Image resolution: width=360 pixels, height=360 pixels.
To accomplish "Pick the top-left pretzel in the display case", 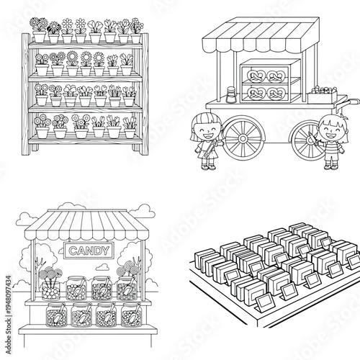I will click(256, 74).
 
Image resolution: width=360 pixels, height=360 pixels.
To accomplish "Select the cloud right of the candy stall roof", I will click(144, 210).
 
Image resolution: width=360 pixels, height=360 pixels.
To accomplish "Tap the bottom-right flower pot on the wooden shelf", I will click(130, 131).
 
